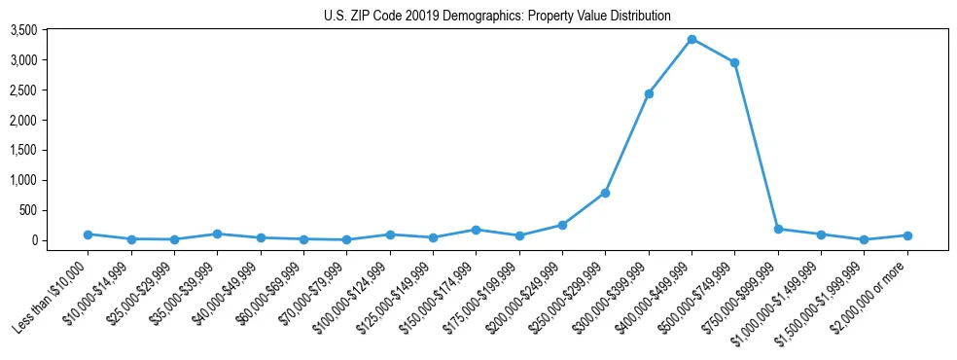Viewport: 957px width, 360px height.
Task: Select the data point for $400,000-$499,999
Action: pyautogui.click(x=691, y=39)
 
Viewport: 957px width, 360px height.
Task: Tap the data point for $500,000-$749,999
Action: pyautogui.click(x=734, y=62)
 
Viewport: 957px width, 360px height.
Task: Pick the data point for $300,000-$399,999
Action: pyautogui.click(x=649, y=93)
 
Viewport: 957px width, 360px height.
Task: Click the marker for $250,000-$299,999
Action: pyautogui.click(x=605, y=193)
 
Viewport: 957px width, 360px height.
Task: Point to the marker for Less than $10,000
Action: pyautogui.click(x=89, y=234)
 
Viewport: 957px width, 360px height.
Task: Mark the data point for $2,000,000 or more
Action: pyautogui.click(x=906, y=235)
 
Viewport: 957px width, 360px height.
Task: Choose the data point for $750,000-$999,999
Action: pyautogui.click(x=778, y=229)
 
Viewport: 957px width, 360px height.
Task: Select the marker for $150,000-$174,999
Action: pyautogui.click(x=476, y=230)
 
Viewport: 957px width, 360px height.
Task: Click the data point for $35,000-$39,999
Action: pyautogui.click(x=217, y=234)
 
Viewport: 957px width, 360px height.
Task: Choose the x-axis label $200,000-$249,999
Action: pyautogui.click(x=525, y=291)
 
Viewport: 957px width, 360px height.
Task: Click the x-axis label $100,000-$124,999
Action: pyautogui.click(x=353, y=291)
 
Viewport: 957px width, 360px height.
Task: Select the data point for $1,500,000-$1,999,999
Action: pyautogui.click(x=864, y=239)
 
